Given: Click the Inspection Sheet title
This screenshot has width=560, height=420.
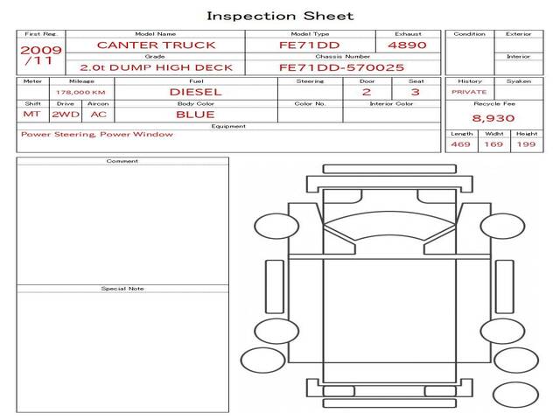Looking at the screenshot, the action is (x=280, y=16).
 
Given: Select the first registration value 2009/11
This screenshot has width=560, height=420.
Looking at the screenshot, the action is (x=41, y=55).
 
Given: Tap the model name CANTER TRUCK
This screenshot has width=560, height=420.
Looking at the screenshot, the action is (x=156, y=45).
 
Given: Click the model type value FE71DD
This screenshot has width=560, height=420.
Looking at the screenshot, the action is (x=309, y=45).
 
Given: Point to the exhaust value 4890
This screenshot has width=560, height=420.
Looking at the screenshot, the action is (x=407, y=45).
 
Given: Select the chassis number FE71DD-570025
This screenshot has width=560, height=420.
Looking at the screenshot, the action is (x=342, y=67).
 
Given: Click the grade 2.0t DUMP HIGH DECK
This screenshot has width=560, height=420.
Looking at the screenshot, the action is (x=156, y=67).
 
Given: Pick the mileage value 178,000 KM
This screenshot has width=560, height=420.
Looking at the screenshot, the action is (x=80, y=93).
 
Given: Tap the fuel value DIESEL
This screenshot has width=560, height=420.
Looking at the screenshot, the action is (x=196, y=92).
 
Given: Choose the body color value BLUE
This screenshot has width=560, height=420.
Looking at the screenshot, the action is (x=195, y=115).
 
